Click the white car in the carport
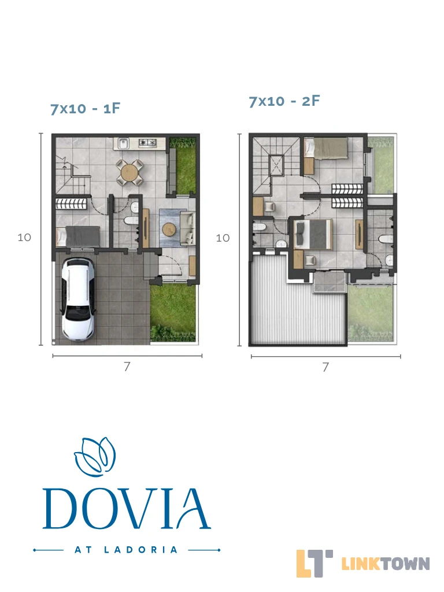tap(78, 299)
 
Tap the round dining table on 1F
tap(129, 172)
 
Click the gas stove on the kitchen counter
tap(147, 143)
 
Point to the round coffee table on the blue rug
tap(168, 228)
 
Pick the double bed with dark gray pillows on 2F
tap(313, 234)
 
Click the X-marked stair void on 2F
tap(277, 165)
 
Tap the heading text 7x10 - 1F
tap(86, 109)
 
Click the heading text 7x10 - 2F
tap(284, 101)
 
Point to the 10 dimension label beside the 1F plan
tap(24, 238)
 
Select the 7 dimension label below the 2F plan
tap(325, 367)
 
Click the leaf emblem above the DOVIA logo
tap(95, 457)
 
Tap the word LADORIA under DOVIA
tap(140, 550)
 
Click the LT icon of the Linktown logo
tap(314, 563)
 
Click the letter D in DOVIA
tap(63, 509)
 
